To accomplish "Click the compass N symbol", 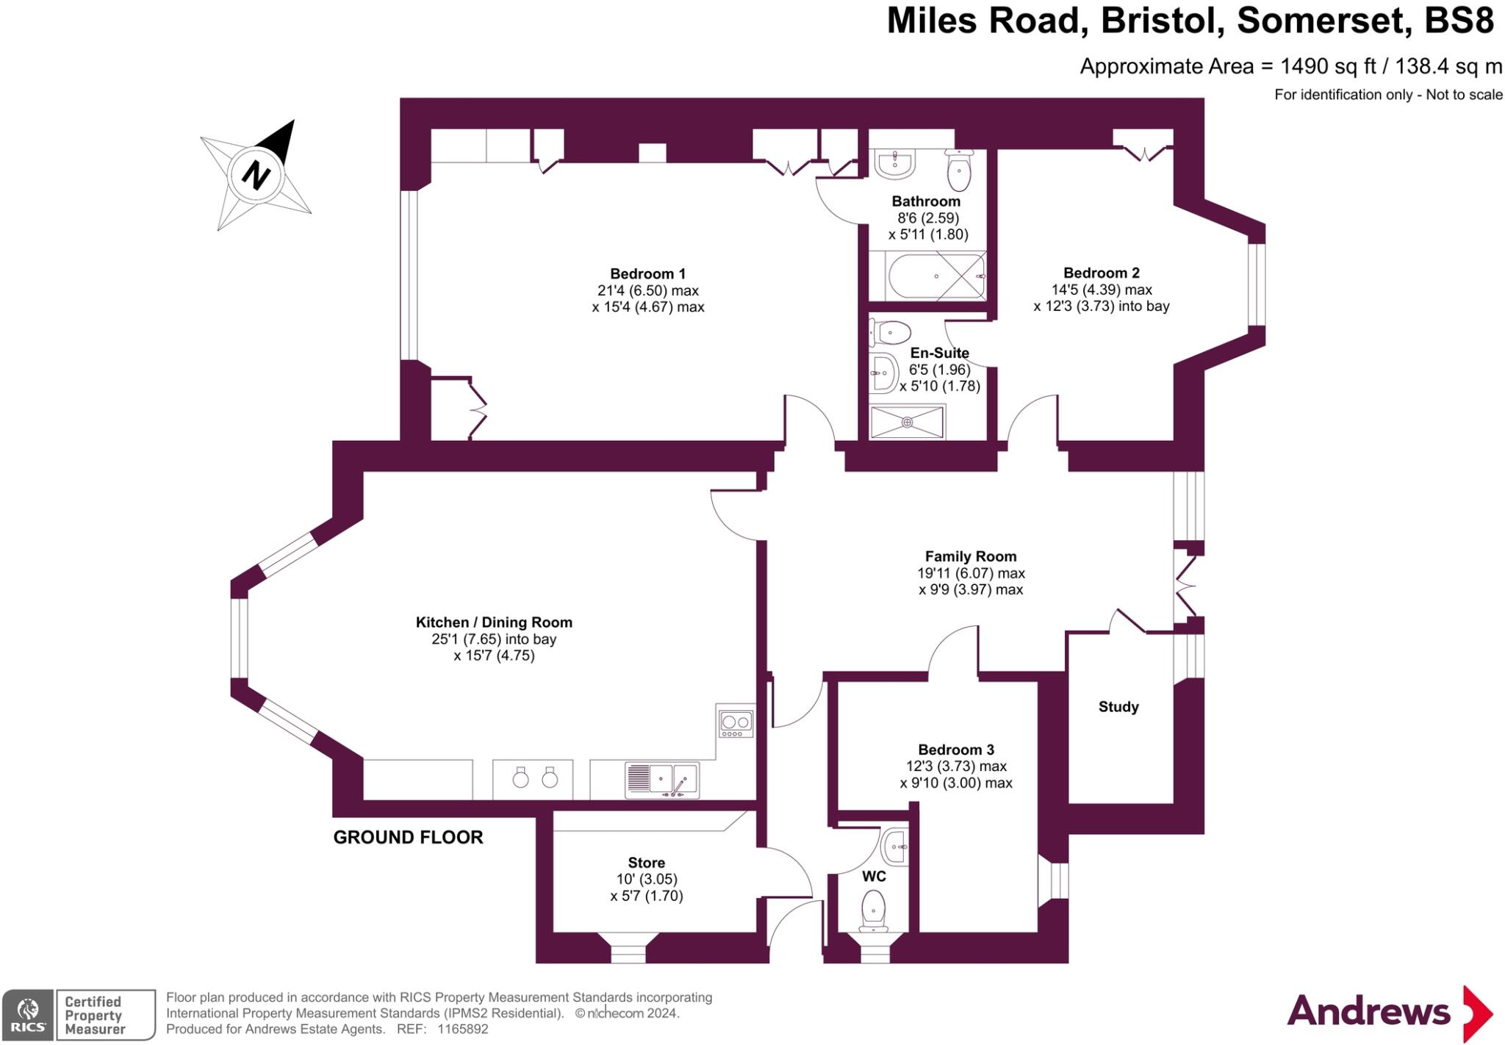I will [x=256, y=175].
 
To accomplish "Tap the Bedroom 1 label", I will [x=647, y=274].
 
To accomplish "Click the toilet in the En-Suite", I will [x=890, y=332].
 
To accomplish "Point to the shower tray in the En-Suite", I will [x=907, y=422].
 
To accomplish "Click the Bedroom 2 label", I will [x=1101, y=273].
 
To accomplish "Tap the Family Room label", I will [x=970, y=556].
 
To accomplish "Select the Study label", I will [x=1118, y=707].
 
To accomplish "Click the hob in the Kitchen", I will [x=736, y=723].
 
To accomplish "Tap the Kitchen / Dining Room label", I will [x=494, y=622].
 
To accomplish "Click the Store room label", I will [x=646, y=863].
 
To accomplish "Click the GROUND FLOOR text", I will [x=408, y=837].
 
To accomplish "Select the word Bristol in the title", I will [x=1162, y=21].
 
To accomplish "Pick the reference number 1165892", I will [x=462, y=1030].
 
